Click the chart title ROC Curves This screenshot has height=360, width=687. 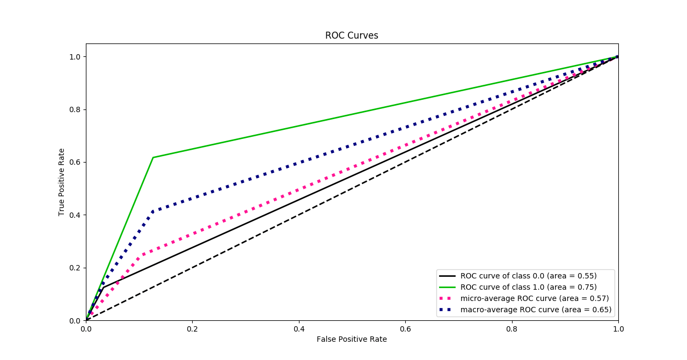click(x=352, y=35)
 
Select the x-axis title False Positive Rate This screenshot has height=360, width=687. click(x=352, y=339)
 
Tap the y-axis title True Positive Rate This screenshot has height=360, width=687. click(x=62, y=182)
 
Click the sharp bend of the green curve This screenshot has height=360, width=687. click(x=153, y=157)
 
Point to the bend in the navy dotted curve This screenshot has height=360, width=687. click(x=153, y=211)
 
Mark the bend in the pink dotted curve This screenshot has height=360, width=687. click(x=141, y=253)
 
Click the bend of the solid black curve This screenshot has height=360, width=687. click(x=103, y=288)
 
